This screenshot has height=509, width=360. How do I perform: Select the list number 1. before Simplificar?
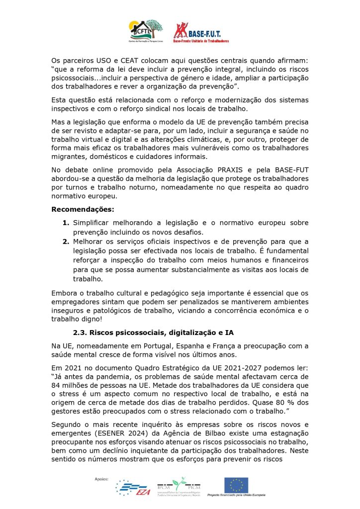(x=66, y=222)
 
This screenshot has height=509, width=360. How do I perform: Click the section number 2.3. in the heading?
(x=82, y=334)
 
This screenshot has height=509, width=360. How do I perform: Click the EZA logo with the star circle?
(x=133, y=488)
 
